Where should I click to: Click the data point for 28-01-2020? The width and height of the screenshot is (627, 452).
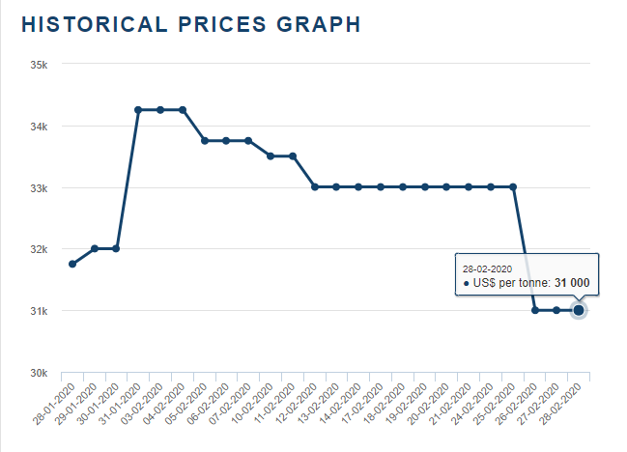click(x=72, y=264)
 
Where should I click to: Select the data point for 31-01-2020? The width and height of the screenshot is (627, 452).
click(x=138, y=110)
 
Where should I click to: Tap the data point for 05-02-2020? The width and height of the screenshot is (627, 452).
click(x=205, y=141)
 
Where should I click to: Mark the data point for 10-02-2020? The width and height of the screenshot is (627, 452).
click(x=271, y=155)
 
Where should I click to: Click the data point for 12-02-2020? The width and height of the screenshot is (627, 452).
click(x=315, y=186)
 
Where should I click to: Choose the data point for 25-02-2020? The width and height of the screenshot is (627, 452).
click(x=513, y=186)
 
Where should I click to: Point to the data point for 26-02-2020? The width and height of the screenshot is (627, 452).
click(x=535, y=310)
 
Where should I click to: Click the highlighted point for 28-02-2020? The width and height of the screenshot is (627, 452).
click(x=579, y=310)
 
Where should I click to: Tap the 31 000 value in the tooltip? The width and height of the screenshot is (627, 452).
click(x=572, y=283)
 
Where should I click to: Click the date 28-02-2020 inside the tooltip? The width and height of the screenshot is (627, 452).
click(x=487, y=268)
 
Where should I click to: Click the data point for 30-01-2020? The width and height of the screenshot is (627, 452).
click(x=117, y=248)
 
